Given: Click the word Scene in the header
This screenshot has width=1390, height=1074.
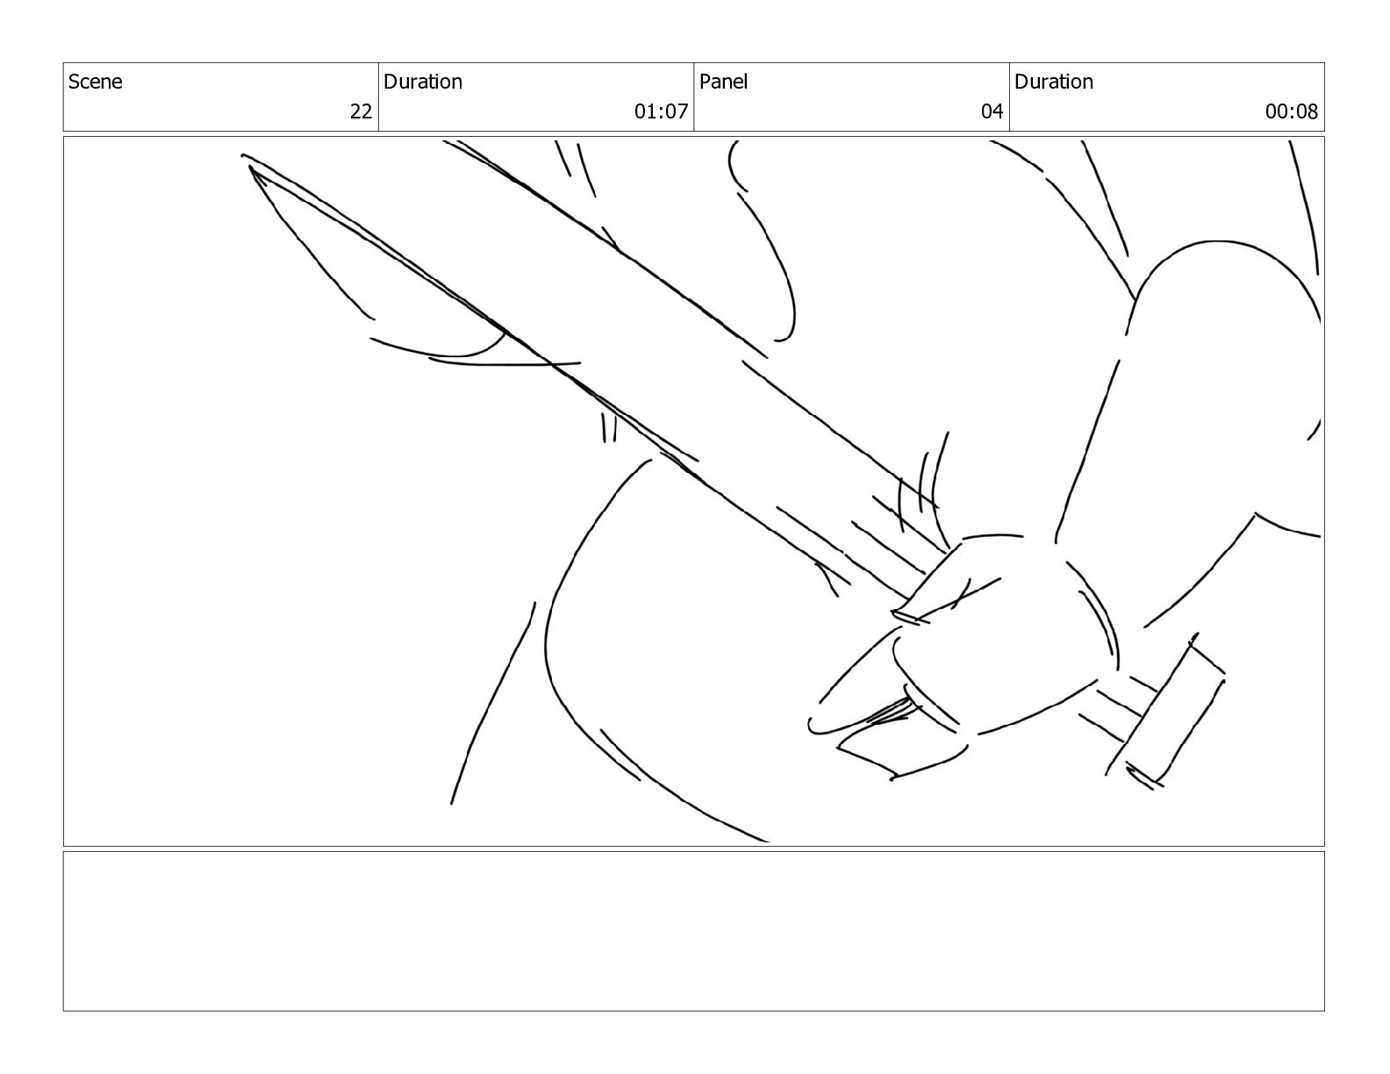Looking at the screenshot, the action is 96,82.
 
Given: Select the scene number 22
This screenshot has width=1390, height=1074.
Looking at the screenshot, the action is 361,111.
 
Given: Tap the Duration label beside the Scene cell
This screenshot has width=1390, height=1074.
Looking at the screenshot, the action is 422,82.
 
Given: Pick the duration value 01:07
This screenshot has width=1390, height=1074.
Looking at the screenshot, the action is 661,111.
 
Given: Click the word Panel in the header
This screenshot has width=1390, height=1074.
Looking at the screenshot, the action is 723,82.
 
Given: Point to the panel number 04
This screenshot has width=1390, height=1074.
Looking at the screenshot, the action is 992,111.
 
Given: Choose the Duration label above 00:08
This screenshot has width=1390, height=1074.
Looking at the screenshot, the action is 1053,82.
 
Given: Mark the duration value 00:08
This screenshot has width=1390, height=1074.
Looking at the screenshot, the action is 1291,111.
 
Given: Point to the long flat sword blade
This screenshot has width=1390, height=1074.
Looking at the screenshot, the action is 614,333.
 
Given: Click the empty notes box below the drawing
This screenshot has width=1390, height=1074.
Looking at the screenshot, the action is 693,930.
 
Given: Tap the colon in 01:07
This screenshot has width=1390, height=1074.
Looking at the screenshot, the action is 661,112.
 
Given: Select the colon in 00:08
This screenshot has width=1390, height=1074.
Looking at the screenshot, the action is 1291,112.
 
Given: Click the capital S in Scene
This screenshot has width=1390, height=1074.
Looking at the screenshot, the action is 74,82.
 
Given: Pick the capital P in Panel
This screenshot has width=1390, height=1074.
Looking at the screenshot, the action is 705,82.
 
